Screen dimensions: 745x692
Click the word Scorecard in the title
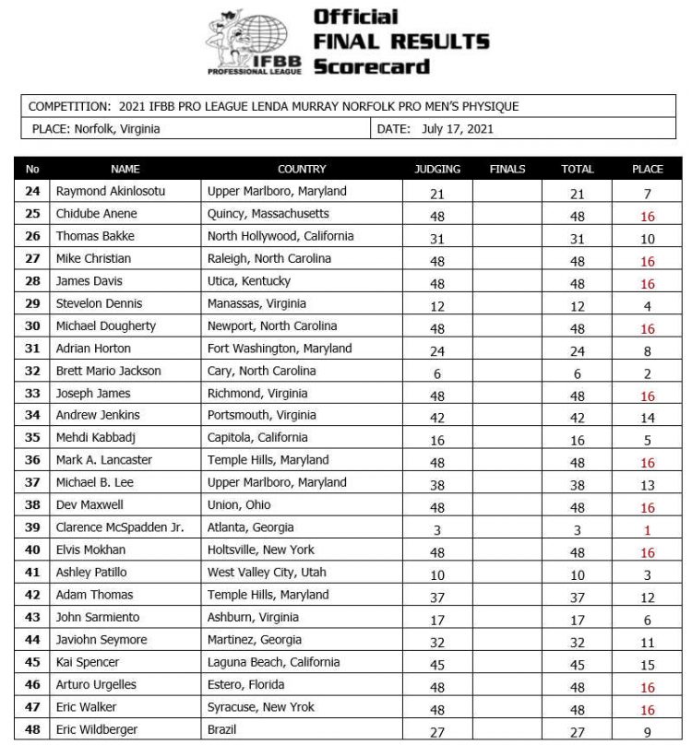click(x=371, y=66)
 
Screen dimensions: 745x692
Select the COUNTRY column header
click(x=302, y=169)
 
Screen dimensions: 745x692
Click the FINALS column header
click(x=507, y=169)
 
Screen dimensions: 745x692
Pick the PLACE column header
click(x=647, y=169)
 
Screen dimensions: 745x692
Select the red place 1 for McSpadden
click(x=648, y=529)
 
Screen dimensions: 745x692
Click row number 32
click(x=33, y=371)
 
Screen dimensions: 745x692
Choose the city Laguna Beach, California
click(x=273, y=662)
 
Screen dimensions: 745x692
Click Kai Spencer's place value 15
click(x=648, y=664)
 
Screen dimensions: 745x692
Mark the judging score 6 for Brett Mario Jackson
click(x=437, y=372)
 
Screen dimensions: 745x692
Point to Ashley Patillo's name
click(x=92, y=573)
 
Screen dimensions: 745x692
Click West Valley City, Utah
click(x=268, y=573)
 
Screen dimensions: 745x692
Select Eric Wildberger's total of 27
click(x=577, y=731)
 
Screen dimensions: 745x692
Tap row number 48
click(x=33, y=729)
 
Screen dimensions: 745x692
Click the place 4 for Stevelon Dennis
click(x=648, y=305)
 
